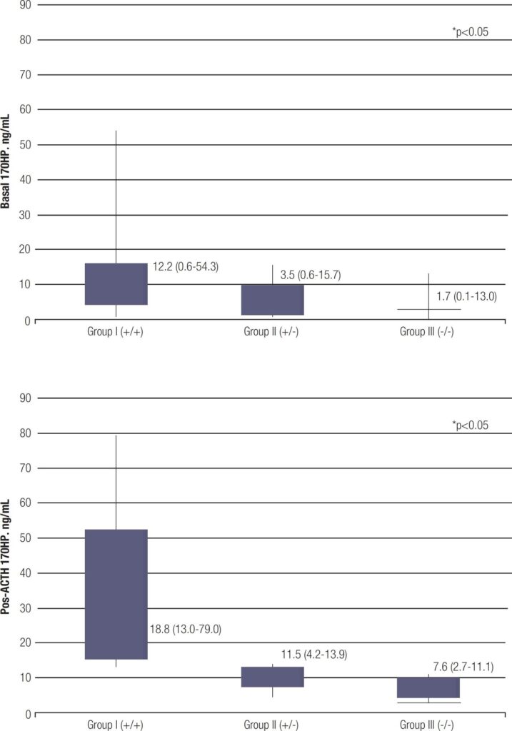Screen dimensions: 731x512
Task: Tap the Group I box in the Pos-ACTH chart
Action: pos(116,595)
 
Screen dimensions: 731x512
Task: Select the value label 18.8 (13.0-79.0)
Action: pos(185,630)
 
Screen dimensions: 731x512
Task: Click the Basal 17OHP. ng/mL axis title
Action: pos(6,161)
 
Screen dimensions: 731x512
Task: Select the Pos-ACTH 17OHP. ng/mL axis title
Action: pos(6,553)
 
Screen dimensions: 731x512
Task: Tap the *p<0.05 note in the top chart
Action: pos(470,31)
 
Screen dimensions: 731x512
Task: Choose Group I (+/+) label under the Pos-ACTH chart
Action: pos(116,725)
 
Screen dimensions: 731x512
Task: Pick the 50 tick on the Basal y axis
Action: pos(25,145)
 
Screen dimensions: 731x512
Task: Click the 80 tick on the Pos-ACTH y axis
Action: pos(25,433)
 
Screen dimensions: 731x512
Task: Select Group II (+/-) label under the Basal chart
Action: pos(271,331)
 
